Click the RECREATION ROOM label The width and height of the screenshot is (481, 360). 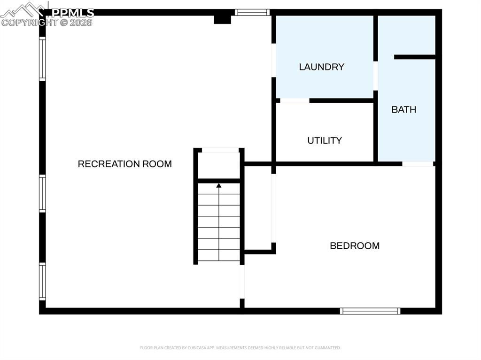point(124,164)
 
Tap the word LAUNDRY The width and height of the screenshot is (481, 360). point(322,67)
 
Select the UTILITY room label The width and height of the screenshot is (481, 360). point(325,140)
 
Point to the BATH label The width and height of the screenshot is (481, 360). point(404,109)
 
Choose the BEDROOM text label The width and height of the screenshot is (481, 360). point(355,245)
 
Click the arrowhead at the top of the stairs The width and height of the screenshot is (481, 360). point(219,185)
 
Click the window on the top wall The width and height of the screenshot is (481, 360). point(252,12)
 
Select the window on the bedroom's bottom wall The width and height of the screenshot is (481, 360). point(370,311)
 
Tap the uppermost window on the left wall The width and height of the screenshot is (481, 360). point(42,59)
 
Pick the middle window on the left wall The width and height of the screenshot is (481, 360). point(42,193)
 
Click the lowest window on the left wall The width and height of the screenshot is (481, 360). point(42,281)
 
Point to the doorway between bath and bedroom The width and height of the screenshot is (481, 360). point(418,164)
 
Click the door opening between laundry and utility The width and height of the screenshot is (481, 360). point(295,100)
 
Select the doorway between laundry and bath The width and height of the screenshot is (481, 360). point(376,75)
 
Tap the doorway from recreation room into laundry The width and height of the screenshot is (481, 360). point(273,60)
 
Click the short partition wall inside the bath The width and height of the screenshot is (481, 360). point(415,57)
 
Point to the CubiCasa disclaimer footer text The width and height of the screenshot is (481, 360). point(240,348)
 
